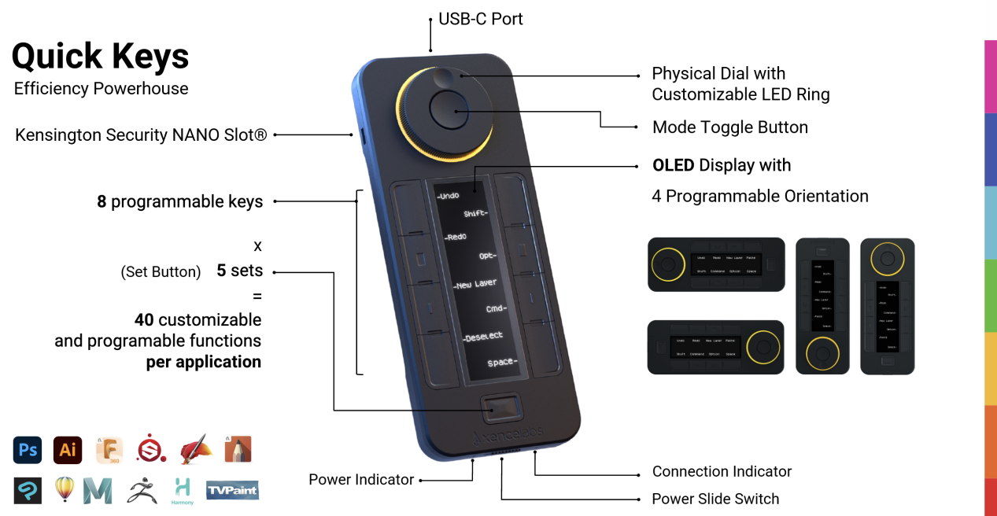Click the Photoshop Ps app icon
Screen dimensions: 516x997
(x=28, y=450)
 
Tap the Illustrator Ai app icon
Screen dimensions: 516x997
(x=68, y=450)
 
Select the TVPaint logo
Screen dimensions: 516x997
(x=232, y=491)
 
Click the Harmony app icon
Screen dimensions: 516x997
(x=183, y=491)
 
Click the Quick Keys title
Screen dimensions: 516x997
(x=100, y=56)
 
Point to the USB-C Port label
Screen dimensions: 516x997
(x=480, y=19)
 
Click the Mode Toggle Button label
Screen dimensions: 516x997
(x=729, y=127)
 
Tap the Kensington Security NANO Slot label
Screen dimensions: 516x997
(x=141, y=135)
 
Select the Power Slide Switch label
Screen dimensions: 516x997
(x=715, y=499)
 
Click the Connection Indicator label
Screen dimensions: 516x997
(x=722, y=472)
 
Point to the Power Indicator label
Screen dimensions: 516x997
(x=361, y=480)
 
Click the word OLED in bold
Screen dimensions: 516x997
(x=673, y=165)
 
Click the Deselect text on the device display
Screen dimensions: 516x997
(x=483, y=337)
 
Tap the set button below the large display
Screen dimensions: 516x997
(x=500, y=409)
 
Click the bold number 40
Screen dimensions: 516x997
(x=143, y=320)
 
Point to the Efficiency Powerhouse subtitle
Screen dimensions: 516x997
(x=101, y=89)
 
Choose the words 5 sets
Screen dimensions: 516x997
(x=239, y=271)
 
